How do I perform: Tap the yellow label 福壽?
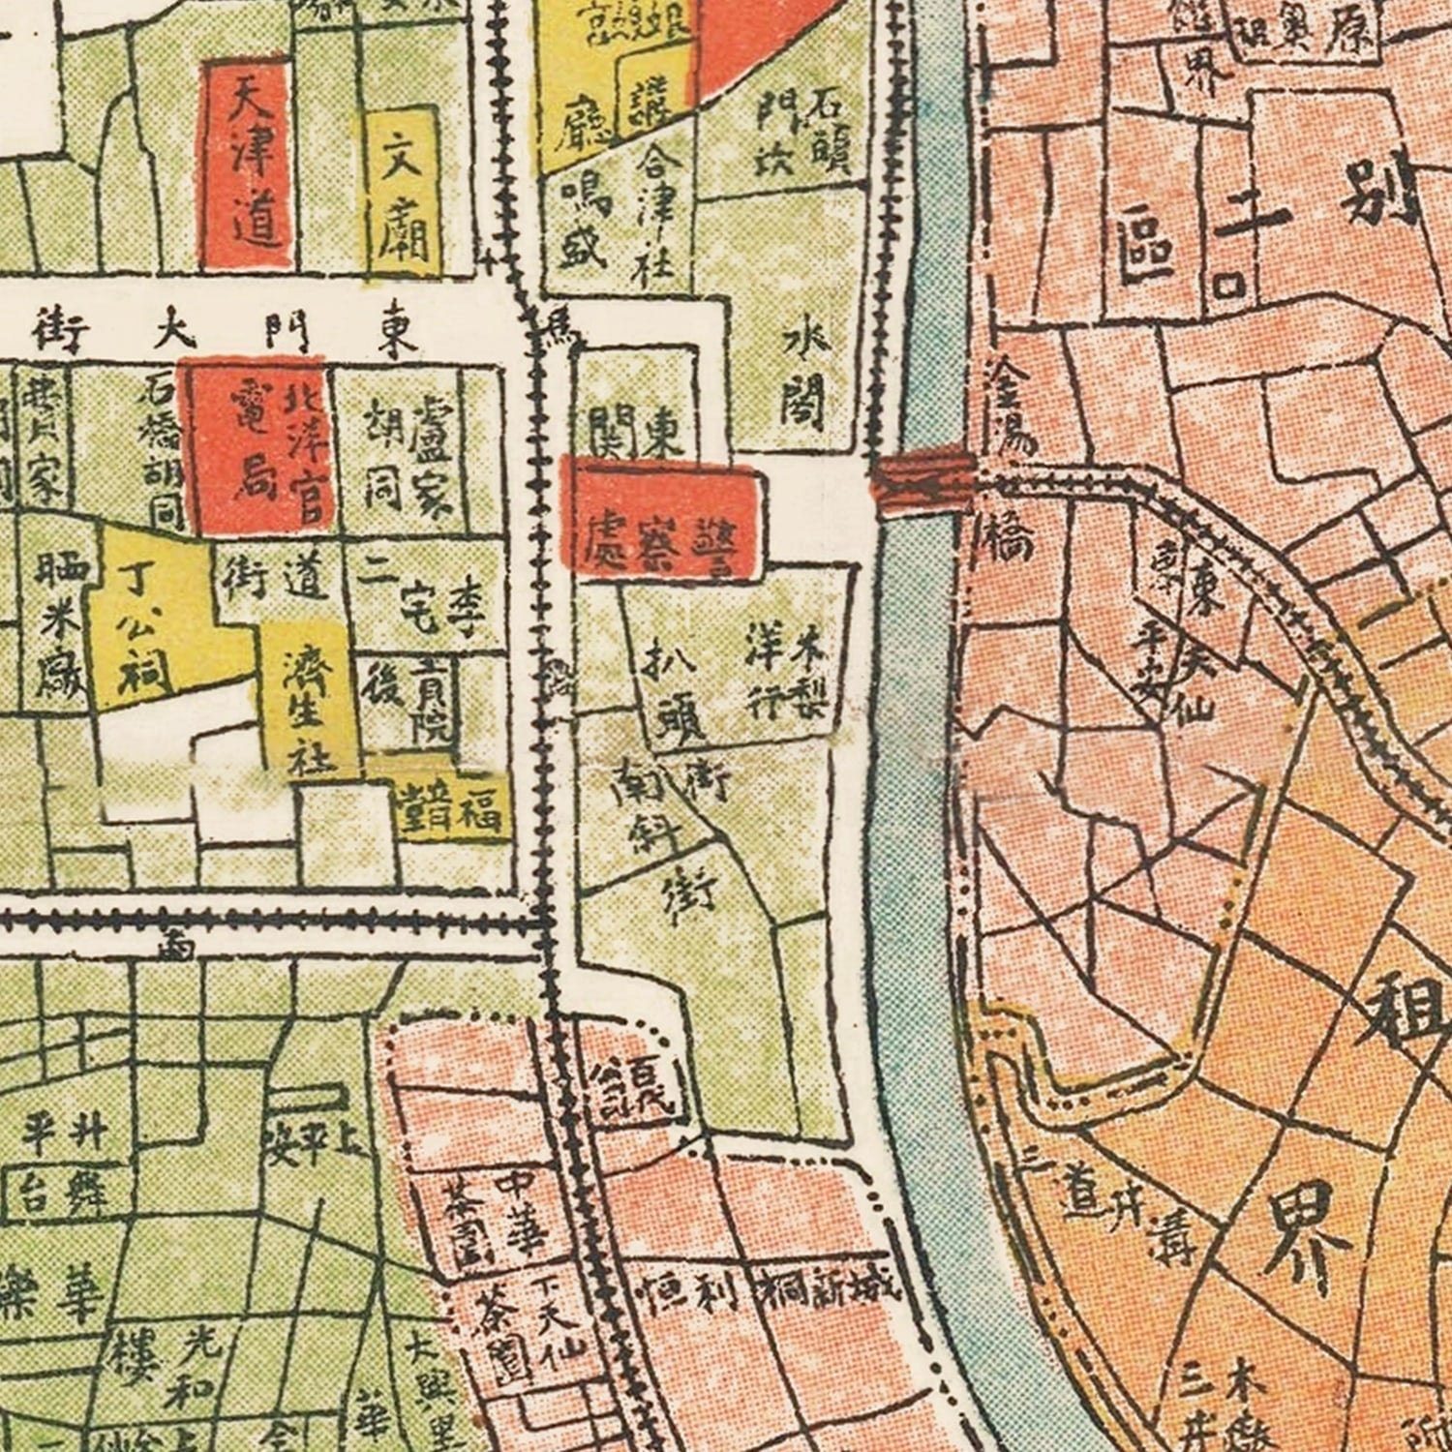pyautogui.click(x=450, y=807)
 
